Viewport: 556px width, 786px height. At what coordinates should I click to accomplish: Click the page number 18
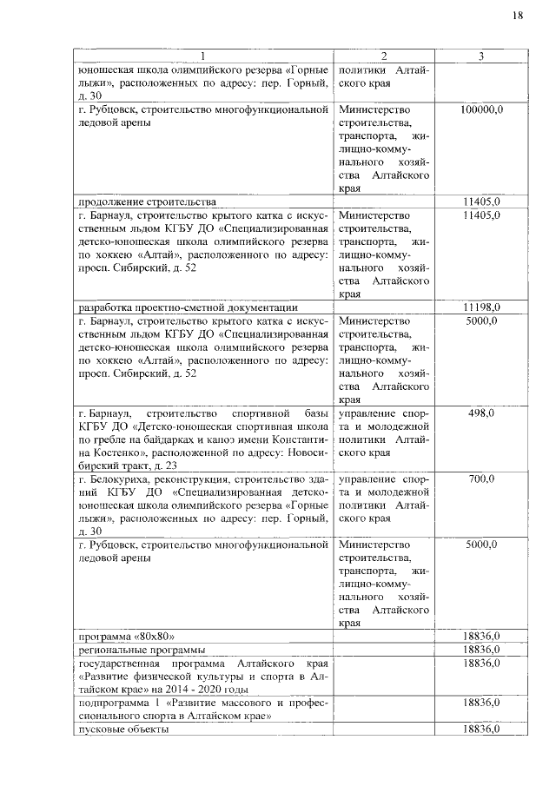[x=517, y=16]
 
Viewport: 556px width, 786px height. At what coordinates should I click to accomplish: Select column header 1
[x=202, y=56]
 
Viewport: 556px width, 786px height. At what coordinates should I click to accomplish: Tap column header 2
[x=383, y=56]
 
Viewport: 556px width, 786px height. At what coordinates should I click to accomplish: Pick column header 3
[x=480, y=56]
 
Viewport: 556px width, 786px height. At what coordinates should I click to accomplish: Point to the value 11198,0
[x=481, y=307]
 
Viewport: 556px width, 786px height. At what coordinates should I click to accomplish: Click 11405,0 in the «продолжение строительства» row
[x=481, y=201]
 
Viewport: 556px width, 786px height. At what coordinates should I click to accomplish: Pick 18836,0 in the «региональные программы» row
[x=481, y=650]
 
